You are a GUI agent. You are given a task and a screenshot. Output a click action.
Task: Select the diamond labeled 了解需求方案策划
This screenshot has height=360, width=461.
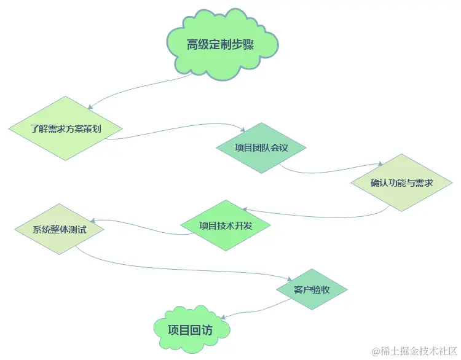pyautogui.click(x=66, y=128)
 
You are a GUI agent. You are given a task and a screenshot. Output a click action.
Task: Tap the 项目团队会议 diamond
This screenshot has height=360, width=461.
pyautogui.click(x=261, y=147)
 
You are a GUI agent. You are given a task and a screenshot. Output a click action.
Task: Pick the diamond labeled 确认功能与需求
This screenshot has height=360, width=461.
pyautogui.click(x=401, y=182)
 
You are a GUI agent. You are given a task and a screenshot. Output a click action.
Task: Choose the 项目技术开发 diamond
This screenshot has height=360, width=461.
pyautogui.click(x=226, y=225)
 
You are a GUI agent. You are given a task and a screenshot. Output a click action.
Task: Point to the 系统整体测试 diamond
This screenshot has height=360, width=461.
pyautogui.click(x=59, y=230)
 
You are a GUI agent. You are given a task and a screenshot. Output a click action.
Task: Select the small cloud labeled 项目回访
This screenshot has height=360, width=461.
pyautogui.click(x=191, y=329)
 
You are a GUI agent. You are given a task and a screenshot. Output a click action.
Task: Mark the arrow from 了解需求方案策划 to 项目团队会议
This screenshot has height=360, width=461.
pyautogui.click(x=178, y=131)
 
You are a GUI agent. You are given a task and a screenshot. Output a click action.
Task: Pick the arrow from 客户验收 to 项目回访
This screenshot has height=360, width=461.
pyautogui.click(x=252, y=307)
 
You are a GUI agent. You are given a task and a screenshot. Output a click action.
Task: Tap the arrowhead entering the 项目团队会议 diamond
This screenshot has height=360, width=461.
pyautogui.click(x=243, y=130)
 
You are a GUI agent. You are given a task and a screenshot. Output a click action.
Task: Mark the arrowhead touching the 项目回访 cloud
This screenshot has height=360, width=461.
pyautogui.click(x=223, y=317)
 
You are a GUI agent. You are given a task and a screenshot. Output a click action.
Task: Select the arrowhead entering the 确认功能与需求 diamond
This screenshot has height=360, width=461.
pyautogui.click(x=381, y=165)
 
